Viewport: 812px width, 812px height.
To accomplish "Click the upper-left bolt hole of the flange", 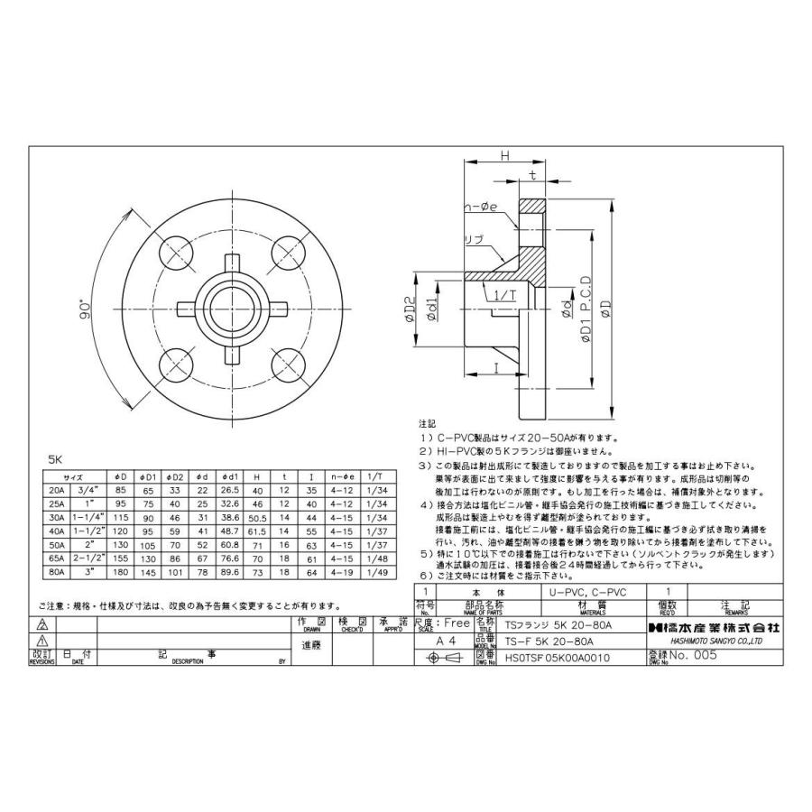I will click(x=177, y=250).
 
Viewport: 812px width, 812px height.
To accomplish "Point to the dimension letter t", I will click(x=533, y=175).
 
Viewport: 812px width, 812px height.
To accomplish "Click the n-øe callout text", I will click(x=483, y=210).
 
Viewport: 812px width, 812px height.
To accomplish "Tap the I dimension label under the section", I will click(x=495, y=368).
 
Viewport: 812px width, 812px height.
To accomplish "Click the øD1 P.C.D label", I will click(x=586, y=307).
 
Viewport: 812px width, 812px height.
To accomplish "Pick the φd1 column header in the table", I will click(x=230, y=476).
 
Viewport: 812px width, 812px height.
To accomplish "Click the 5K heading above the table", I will click(x=56, y=457).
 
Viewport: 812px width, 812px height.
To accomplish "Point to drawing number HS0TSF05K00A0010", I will click(x=558, y=658).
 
